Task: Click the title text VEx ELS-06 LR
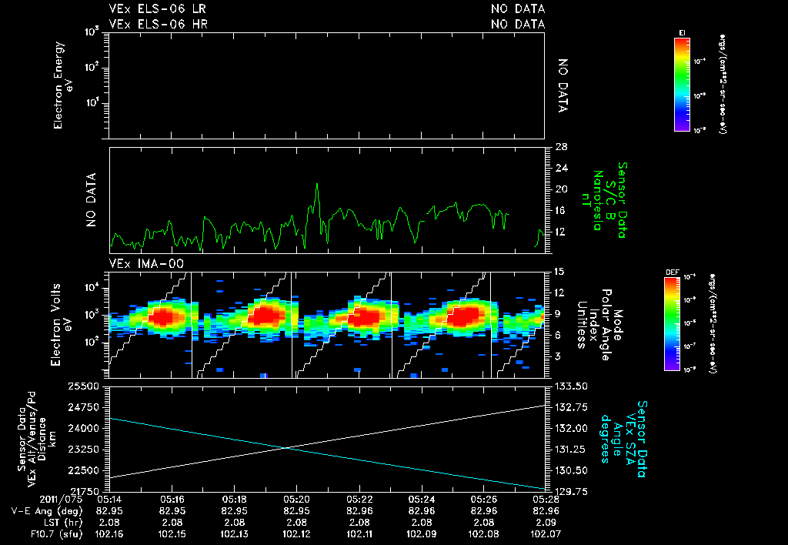[x=157, y=9]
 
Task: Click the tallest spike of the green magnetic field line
[x=316, y=185]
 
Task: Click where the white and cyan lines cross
[x=286, y=447]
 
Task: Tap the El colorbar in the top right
[x=680, y=84]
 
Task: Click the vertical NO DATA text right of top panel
[x=563, y=86]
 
